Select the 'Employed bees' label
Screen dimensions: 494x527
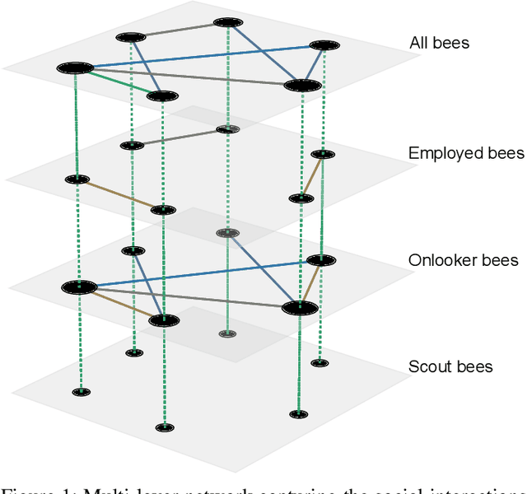[x=465, y=153]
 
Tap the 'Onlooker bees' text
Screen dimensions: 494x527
[x=463, y=260]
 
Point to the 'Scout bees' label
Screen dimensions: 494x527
[x=450, y=366]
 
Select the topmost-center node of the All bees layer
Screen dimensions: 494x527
[x=227, y=23]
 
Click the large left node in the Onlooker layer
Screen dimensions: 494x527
[x=79, y=287]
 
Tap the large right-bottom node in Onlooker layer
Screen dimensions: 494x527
[x=300, y=308]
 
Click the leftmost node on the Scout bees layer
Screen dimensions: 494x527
[x=81, y=392]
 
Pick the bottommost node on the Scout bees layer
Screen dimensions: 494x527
[x=165, y=426]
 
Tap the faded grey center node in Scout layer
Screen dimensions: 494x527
[x=226, y=333]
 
